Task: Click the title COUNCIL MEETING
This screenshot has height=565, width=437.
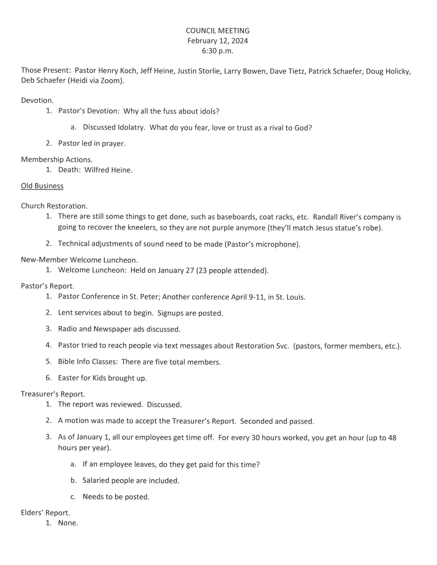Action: pos(218,31)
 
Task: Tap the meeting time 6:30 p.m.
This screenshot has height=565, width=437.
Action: pos(218,51)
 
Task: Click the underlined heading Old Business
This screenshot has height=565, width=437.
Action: pos(42,186)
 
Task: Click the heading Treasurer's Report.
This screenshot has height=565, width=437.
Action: pos(53,394)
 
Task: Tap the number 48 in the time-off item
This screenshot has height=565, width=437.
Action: pos(392,438)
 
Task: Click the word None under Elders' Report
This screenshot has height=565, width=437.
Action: pos(68,523)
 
